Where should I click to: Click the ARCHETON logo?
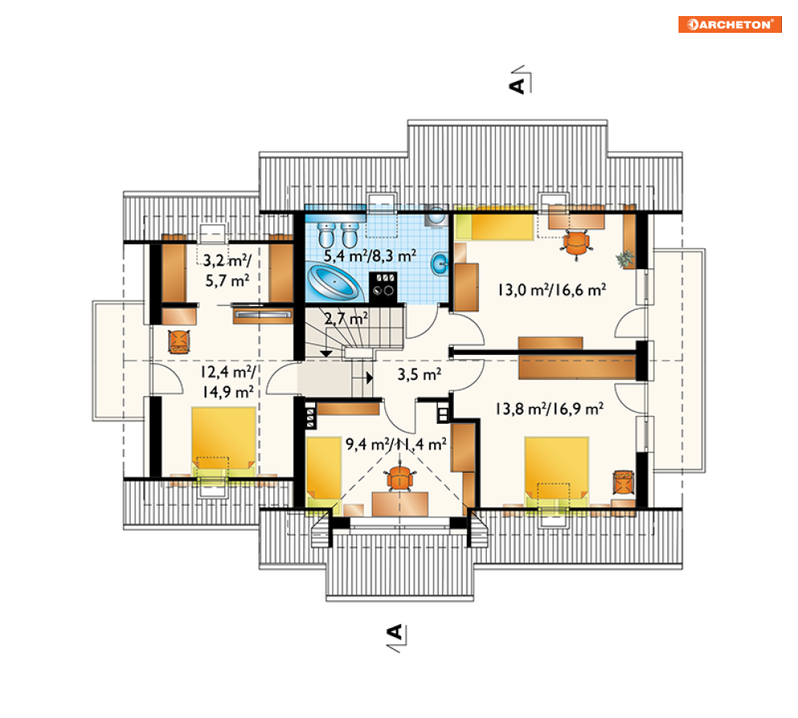(730, 24)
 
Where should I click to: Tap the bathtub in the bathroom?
(334, 281)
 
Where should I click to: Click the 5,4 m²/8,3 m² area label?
(370, 256)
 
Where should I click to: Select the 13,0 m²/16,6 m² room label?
(552, 290)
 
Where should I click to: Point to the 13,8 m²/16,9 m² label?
(549, 409)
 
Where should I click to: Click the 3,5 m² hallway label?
(419, 375)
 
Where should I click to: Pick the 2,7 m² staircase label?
(346, 319)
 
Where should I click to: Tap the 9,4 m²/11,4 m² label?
(396, 445)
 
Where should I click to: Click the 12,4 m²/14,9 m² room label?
(228, 382)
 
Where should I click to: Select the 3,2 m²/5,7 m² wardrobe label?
(227, 271)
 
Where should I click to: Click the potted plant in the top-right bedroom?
(626, 259)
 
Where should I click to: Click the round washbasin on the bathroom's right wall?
(440, 264)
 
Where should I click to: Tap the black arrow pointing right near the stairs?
(370, 377)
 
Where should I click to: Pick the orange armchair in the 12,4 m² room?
(179, 341)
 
